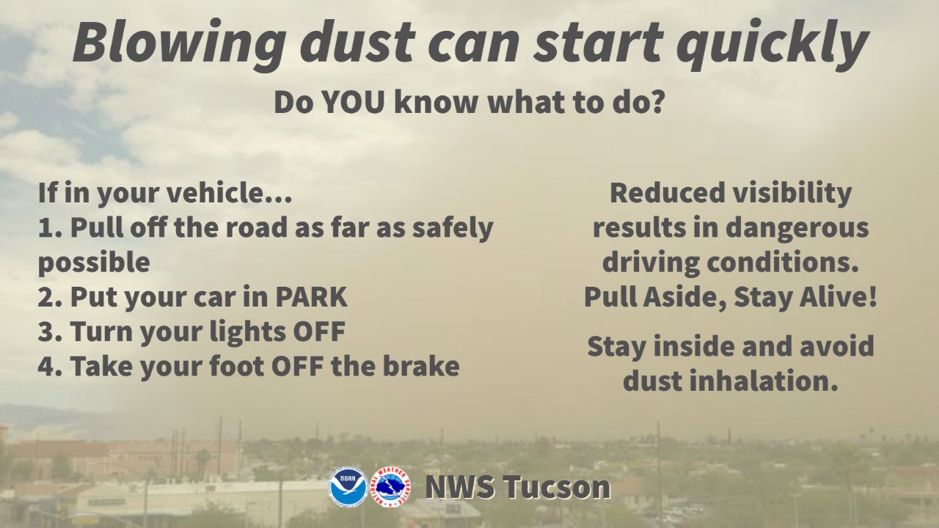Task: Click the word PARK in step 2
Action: pos(311,297)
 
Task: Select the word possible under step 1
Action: pos(94,263)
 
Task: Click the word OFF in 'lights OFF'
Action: pos(318,331)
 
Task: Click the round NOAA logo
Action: pos(348,487)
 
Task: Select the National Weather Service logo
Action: pos(390,487)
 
